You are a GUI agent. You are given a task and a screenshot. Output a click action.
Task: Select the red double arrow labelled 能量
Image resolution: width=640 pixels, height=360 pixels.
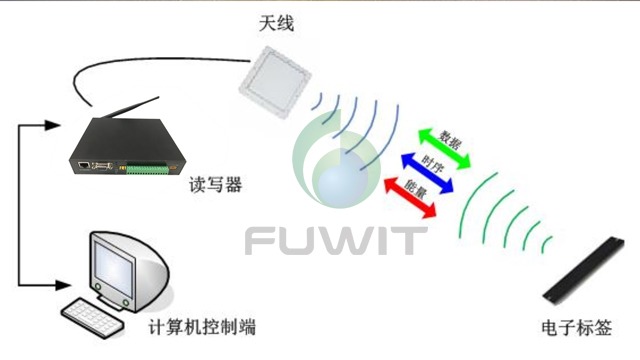[411, 193]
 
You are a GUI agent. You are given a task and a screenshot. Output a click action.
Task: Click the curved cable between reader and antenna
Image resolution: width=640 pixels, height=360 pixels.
[150, 62]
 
